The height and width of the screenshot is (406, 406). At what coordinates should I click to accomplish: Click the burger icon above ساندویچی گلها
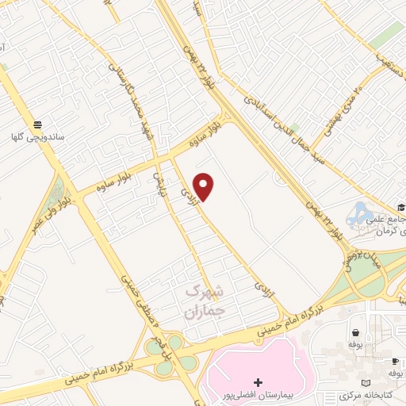click(x=37, y=123)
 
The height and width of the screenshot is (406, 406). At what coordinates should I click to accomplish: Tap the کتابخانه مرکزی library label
click(x=367, y=395)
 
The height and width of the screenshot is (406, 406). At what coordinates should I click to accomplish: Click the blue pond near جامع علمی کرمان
click(x=358, y=213)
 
